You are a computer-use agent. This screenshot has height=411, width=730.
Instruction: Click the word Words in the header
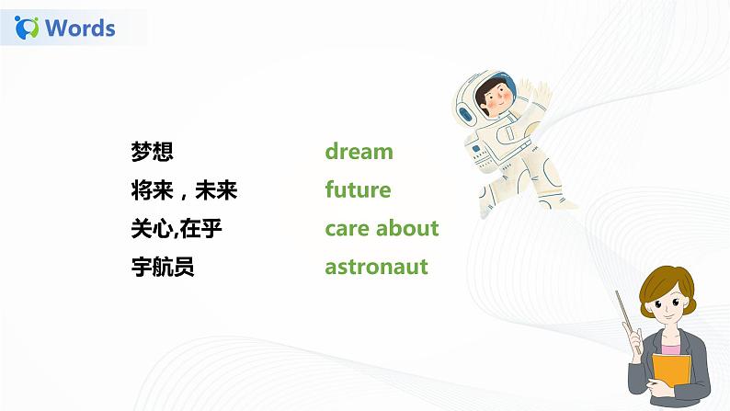click(80, 28)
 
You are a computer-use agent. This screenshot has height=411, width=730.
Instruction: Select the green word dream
click(359, 152)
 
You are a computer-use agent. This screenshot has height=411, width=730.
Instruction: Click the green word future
click(358, 190)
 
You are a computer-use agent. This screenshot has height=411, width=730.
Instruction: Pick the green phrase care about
click(382, 228)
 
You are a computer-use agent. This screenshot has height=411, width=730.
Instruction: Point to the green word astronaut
click(376, 268)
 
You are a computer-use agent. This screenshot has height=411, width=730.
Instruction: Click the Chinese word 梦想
click(153, 152)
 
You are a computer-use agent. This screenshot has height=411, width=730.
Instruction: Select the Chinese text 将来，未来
click(185, 190)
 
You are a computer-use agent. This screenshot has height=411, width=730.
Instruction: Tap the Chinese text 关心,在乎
click(177, 229)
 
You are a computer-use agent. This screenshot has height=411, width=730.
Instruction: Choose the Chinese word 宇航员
click(163, 268)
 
